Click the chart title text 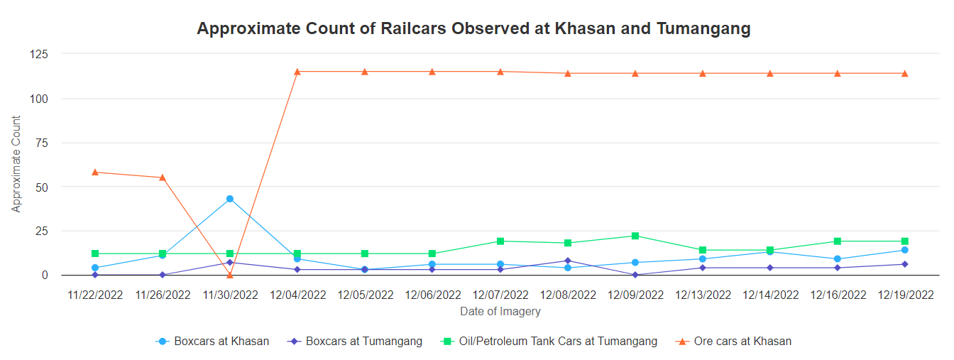473,29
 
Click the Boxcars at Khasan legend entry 213,342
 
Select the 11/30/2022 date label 230,295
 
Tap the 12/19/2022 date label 905,295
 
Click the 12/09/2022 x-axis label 635,295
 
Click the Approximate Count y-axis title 16,164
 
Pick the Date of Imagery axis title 500,311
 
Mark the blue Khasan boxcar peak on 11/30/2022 230,199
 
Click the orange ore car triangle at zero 230,274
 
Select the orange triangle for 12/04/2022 297,71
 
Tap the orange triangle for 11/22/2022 95,172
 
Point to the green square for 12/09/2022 635,236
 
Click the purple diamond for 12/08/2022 568,261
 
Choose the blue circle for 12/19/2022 905,250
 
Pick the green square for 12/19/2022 905,241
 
